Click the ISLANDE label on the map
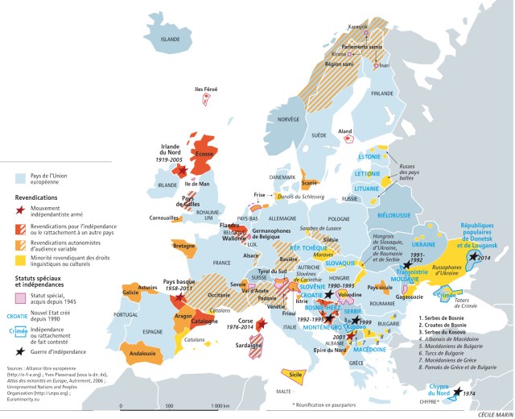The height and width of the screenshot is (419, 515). [171, 39]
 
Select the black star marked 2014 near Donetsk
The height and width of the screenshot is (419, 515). [476, 257]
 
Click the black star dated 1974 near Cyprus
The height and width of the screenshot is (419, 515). [458, 393]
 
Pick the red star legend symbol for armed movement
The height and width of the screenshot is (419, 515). [20, 208]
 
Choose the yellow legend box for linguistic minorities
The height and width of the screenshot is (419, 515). [20, 259]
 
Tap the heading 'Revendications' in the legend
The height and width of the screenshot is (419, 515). [39, 195]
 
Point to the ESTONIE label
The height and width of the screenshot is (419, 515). [369, 156]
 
